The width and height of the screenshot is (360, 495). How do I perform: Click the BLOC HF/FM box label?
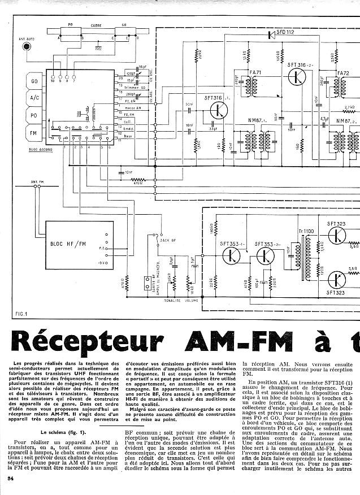click(68, 244)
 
